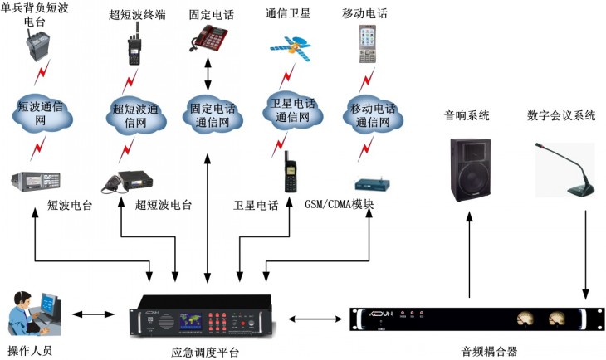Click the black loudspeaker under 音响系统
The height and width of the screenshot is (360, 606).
click(x=469, y=170)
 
